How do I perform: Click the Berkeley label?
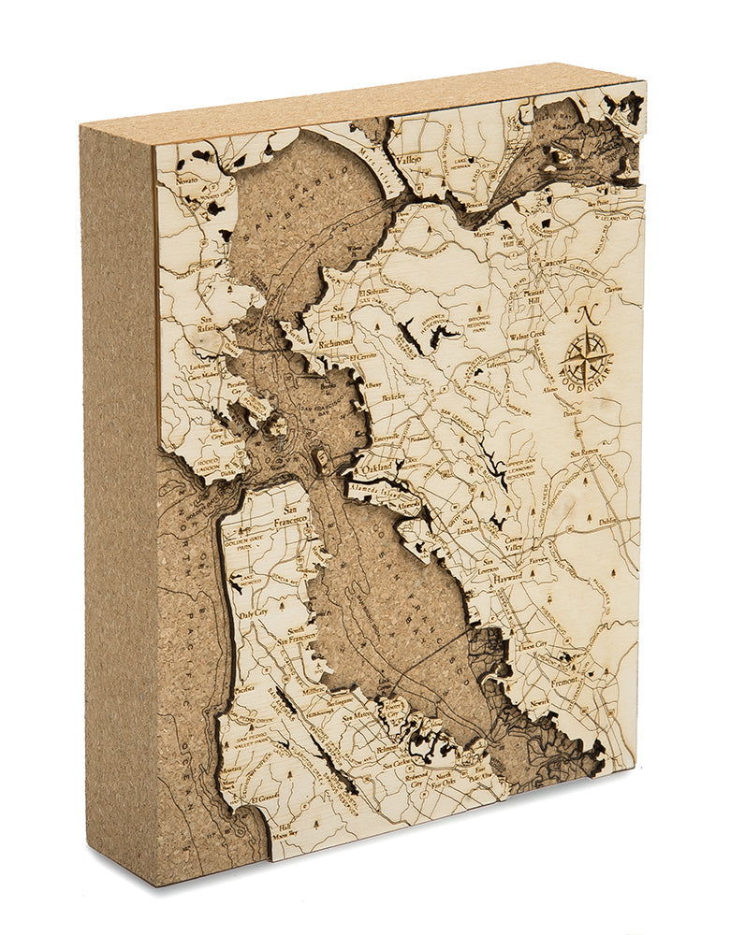pos(394,396)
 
